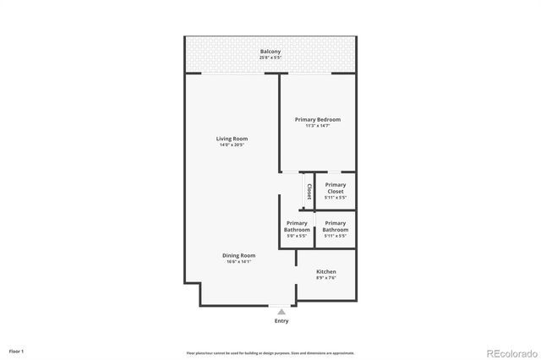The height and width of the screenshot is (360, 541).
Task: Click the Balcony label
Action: coord(270,52)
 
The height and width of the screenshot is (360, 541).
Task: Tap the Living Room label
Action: coord(232,139)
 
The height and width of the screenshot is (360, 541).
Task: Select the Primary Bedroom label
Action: coord(317,120)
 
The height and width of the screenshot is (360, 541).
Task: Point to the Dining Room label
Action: coord(239,255)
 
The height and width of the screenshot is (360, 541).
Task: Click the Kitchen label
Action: coord(326,271)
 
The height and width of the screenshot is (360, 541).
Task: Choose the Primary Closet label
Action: coord(336,188)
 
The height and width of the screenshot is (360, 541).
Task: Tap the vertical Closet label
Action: coord(309,191)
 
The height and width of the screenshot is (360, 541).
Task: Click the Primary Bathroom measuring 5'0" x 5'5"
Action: coord(297,226)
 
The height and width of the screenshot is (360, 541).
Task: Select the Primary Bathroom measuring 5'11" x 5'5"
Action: coord(336,226)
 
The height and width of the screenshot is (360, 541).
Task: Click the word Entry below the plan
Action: coord(281,321)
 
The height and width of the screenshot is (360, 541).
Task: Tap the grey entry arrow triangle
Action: coord(281,312)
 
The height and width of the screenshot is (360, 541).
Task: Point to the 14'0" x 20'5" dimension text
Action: coord(232,145)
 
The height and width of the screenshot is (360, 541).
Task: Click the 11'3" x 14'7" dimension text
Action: coord(317,126)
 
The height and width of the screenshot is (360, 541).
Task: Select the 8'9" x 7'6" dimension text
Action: coord(326,278)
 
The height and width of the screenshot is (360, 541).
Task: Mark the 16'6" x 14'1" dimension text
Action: coord(239,262)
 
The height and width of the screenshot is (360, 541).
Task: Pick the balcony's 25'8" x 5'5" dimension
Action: coord(270,57)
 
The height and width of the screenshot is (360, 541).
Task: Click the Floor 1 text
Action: coord(17,351)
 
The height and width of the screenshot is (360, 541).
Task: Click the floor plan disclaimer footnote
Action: coord(270,352)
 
